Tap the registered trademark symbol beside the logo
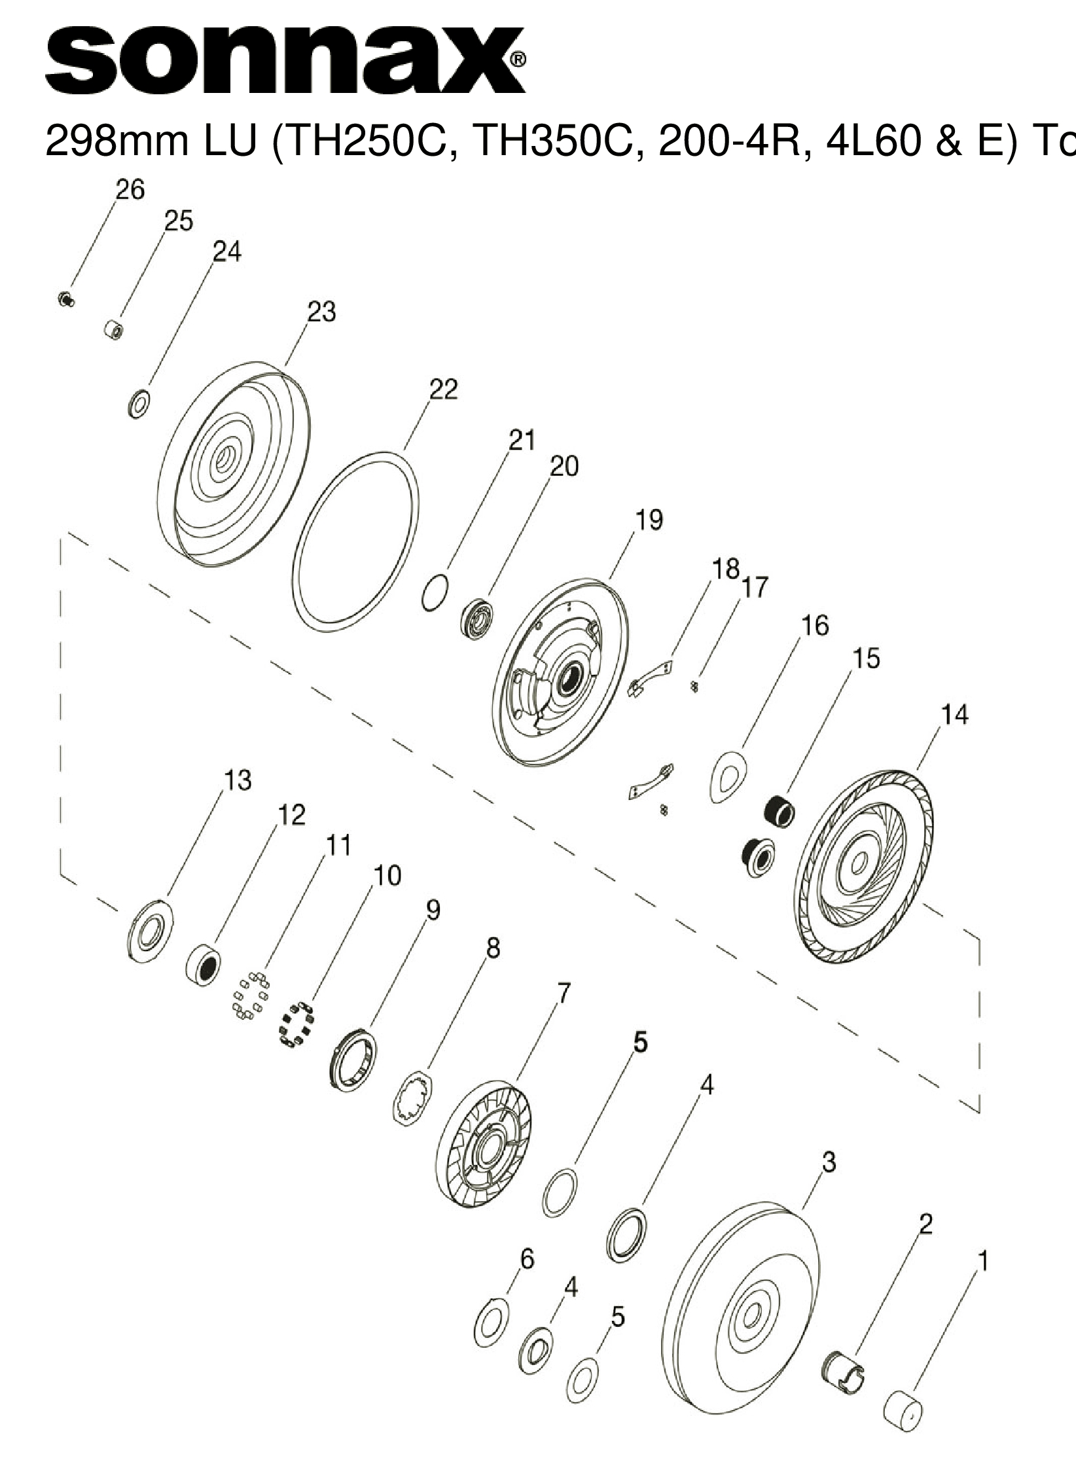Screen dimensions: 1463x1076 (x=516, y=60)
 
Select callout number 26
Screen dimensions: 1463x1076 (x=130, y=190)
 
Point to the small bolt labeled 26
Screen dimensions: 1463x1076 (x=64, y=299)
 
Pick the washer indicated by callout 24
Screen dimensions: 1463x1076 (x=138, y=404)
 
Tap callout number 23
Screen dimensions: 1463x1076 (x=321, y=312)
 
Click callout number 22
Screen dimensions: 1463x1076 (x=443, y=390)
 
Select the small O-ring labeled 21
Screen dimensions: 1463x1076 (x=435, y=593)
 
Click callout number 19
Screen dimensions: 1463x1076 (x=649, y=520)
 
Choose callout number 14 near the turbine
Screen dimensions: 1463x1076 (x=954, y=715)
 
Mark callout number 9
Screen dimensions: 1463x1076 (x=433, y=910)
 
